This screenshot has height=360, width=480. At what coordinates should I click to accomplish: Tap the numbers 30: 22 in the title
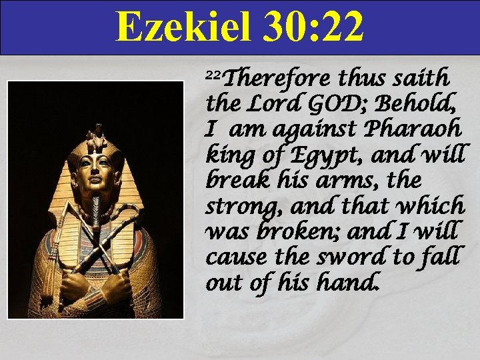point(313,26)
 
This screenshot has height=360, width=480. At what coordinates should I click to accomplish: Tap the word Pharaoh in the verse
point(414,129)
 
